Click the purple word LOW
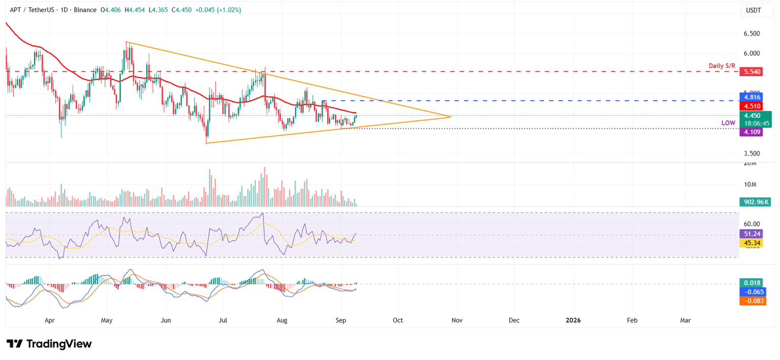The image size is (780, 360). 729,123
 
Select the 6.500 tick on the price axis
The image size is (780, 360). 751,34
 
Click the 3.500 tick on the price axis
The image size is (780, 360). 751,153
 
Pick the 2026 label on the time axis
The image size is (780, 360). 573,320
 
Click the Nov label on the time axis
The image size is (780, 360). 457,320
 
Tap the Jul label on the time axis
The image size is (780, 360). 223,320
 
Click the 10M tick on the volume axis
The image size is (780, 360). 750,184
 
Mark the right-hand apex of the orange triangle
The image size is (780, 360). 451,117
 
